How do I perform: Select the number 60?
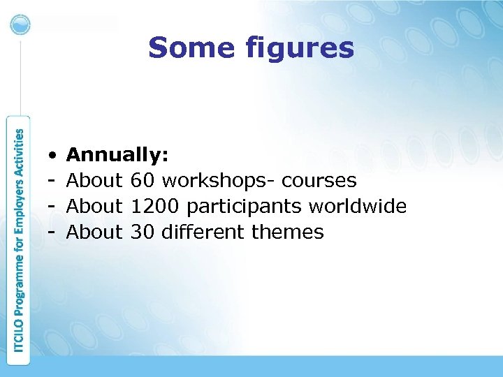coord(143,181)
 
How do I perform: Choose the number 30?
coord(143,232)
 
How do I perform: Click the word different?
coord(203,232)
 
